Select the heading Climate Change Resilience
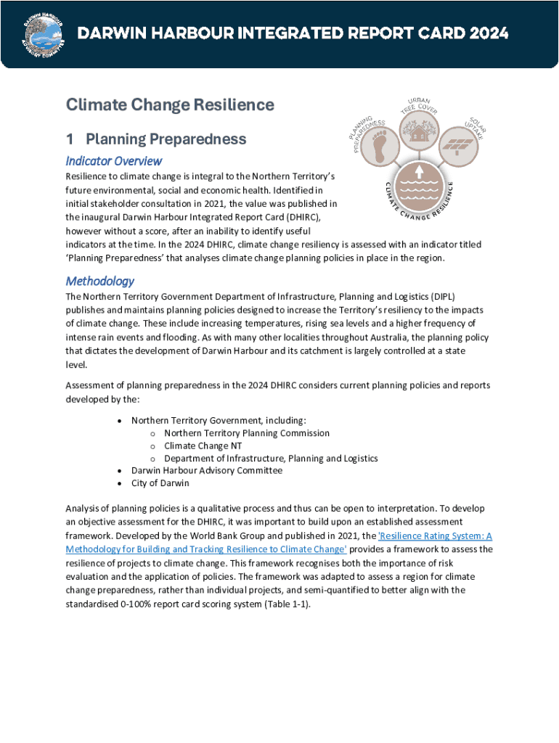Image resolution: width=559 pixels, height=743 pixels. pos(170,105)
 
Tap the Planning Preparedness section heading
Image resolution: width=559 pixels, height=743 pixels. pos(166,139)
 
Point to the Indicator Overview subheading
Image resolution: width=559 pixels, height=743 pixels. pos(113,160)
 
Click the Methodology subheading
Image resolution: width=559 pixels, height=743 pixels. pos(99,281)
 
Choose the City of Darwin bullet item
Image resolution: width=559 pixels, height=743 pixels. pos(160,483)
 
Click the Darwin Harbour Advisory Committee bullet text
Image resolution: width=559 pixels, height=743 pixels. pos(206,471)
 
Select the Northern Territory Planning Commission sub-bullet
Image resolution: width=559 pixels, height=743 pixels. pos(246,433)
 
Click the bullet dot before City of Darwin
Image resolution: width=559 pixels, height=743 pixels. pos(119,483)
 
